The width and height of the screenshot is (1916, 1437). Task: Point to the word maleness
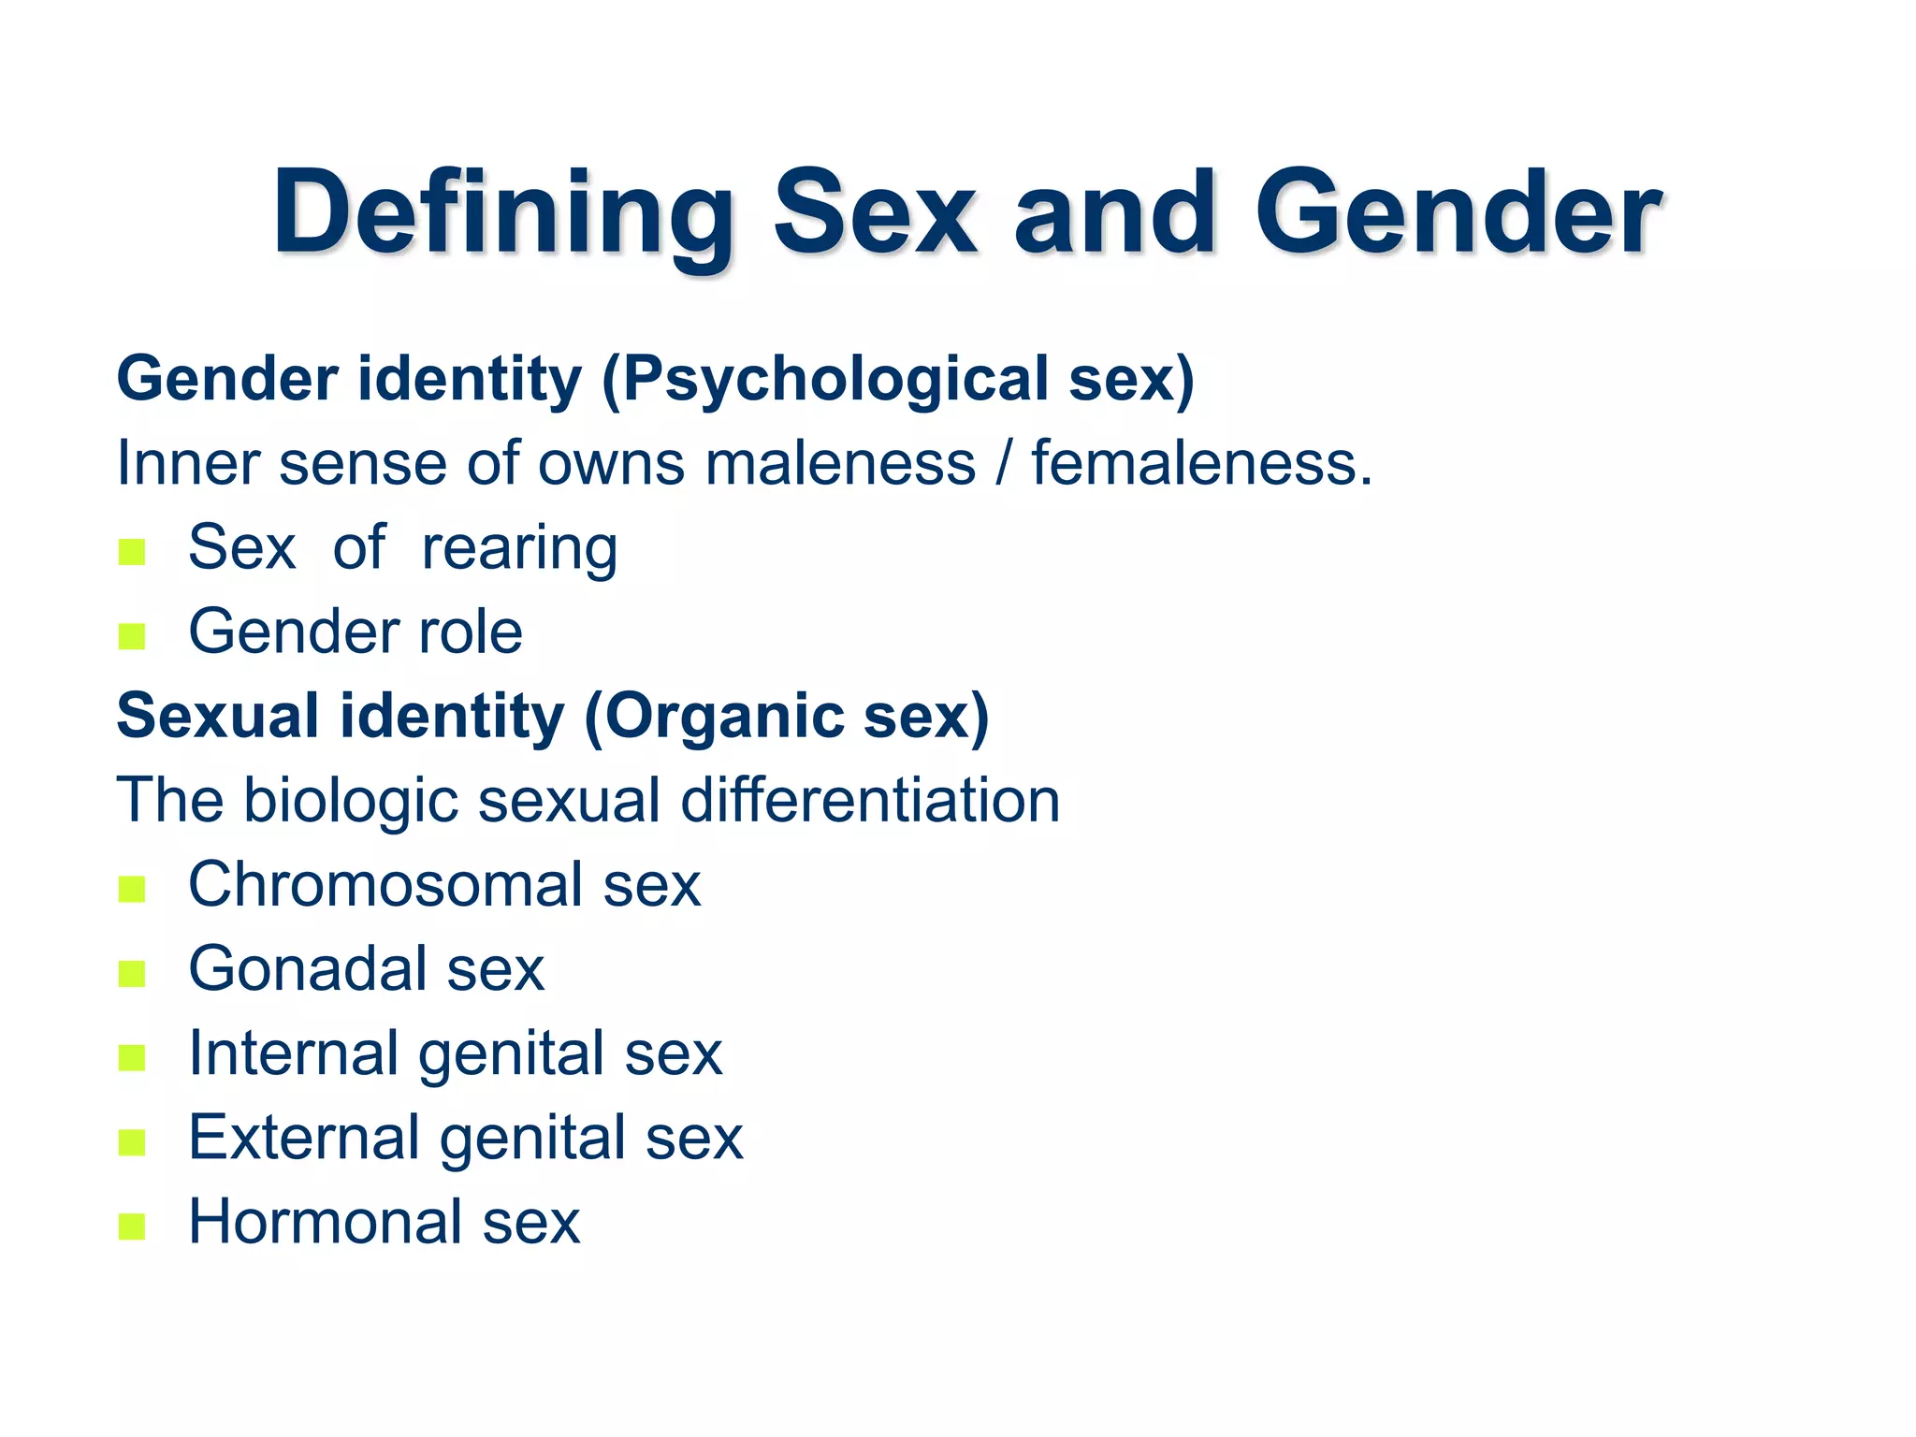point(840,463)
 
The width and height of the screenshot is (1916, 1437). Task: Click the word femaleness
point(1201,463)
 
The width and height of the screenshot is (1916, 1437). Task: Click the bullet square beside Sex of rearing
point(132,552)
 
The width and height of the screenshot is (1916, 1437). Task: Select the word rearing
point(519,548)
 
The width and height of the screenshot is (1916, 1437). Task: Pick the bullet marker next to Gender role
point(132,636)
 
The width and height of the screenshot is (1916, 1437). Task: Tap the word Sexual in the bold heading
point(218,717)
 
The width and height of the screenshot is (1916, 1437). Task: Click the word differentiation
point(870,801)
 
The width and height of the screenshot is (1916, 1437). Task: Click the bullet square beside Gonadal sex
point(132,974)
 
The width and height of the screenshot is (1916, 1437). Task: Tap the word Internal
point(294,1053)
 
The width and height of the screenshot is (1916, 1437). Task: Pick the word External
point(304,1138)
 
